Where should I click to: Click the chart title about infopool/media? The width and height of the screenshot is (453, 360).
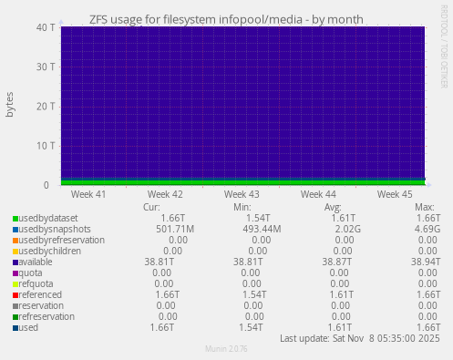point(226,18)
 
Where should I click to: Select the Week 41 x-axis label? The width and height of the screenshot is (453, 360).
point(88,194)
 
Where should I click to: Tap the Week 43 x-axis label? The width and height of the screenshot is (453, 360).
point(242,194)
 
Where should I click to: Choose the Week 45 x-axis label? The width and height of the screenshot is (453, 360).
point(395,194)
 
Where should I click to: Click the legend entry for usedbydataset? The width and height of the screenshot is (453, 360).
point(48,219)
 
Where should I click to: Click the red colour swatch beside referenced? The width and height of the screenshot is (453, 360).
point(15,295)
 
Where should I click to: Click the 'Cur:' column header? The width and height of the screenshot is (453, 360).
point(151,207)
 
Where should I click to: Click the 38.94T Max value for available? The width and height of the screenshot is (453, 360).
point(424,262)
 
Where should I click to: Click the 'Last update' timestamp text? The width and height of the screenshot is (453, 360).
point(360,338)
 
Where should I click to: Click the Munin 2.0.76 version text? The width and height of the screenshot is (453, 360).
point(226,350)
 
